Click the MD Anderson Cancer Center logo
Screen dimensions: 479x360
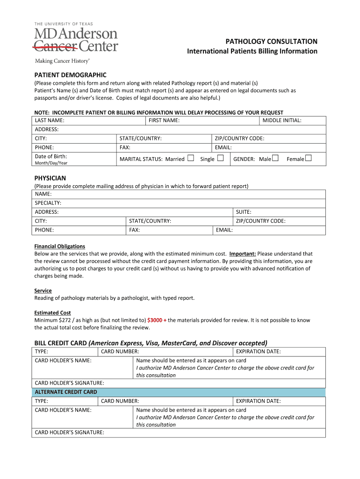coord(76,40)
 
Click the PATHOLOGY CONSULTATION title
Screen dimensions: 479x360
coord(272,42)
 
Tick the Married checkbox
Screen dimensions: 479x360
coord(190,159)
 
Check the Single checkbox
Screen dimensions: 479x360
coord(220,159)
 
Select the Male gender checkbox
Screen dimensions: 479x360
coord(275,159)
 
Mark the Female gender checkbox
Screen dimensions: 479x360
coord(308,159)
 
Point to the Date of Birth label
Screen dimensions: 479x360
coord(51,156)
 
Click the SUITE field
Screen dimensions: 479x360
coord(279,212)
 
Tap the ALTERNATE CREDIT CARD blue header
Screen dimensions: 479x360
coord(179,392)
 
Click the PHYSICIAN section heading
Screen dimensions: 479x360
coord(50,178)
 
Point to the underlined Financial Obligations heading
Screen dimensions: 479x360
coord(59,247)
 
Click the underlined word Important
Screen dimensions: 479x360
coord(242,254)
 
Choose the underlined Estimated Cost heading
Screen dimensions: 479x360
coord(52,313)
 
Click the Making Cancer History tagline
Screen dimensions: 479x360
coord(62,61)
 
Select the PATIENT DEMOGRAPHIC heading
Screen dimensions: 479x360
coord(71,75)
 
